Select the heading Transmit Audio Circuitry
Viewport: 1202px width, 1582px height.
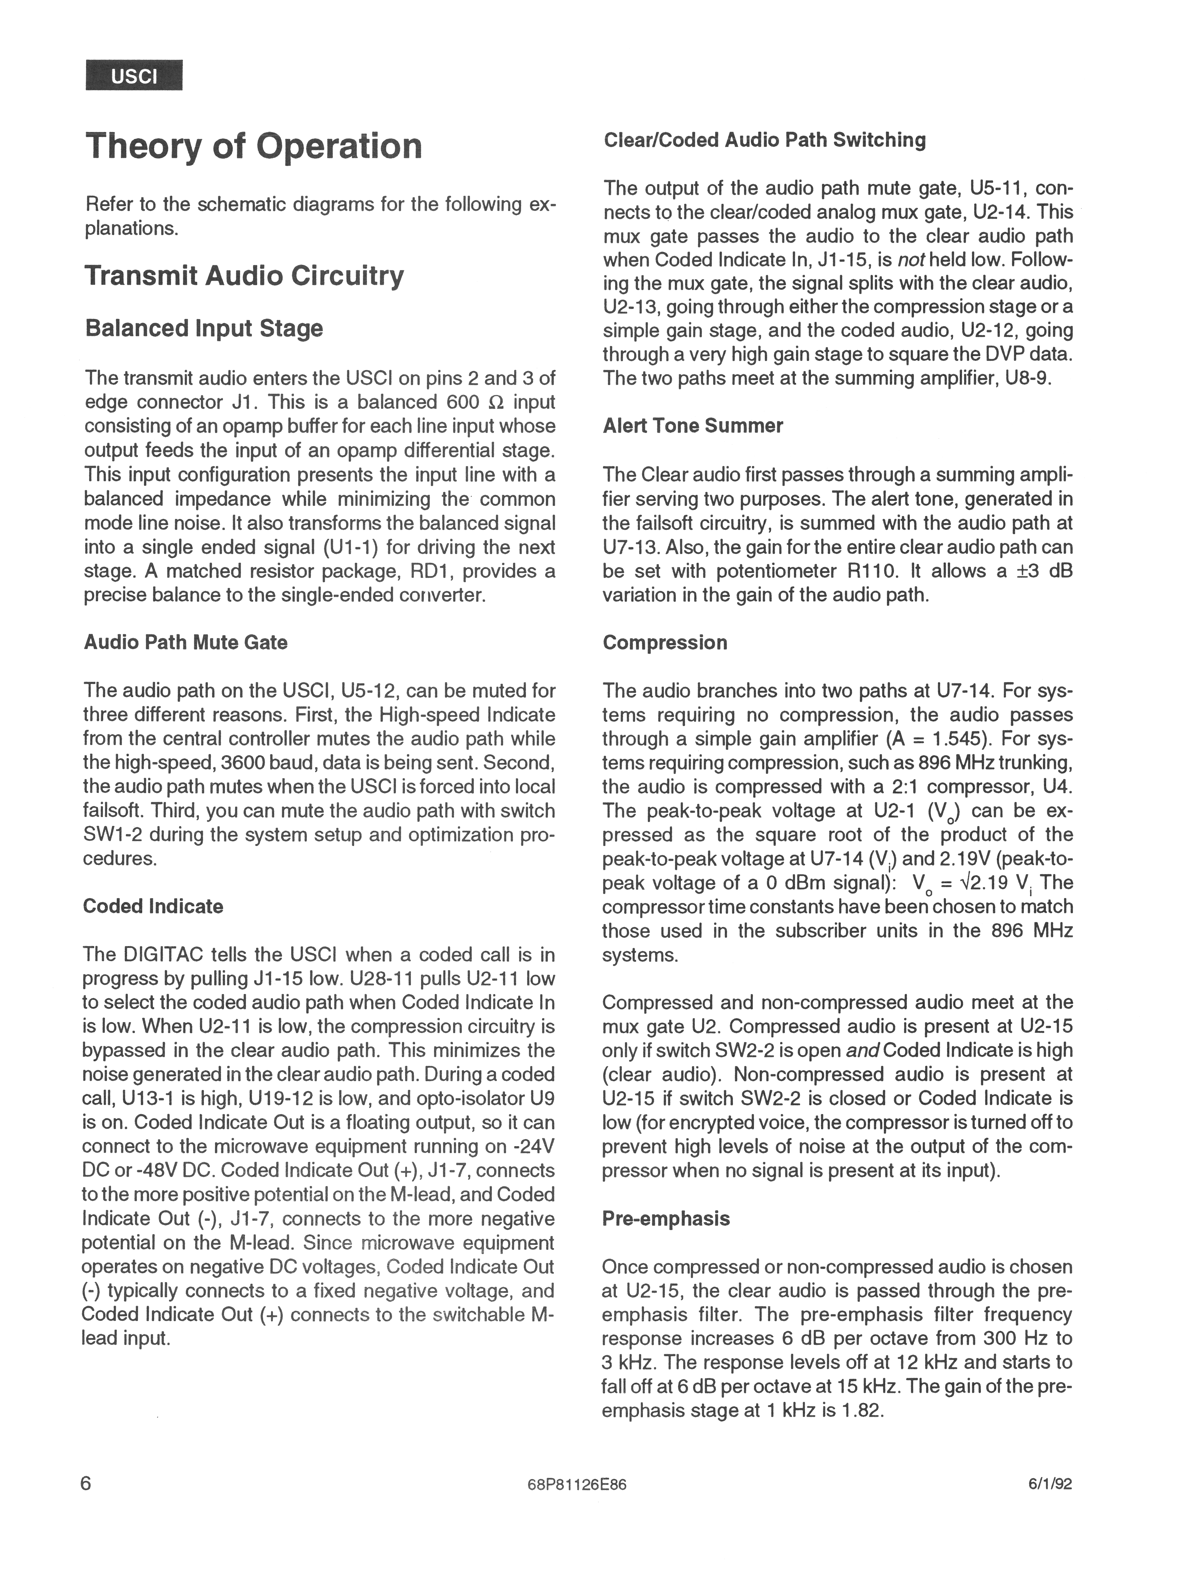click(x=244, y=275)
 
